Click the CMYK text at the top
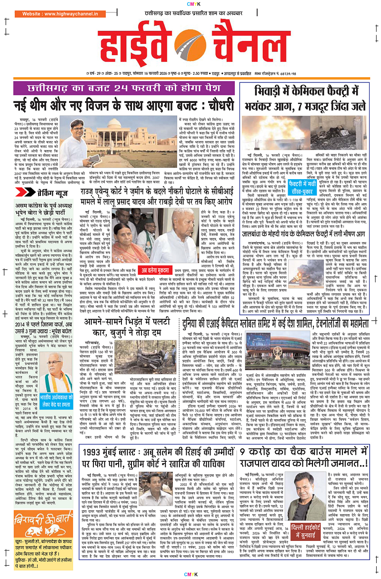[190, 5]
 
